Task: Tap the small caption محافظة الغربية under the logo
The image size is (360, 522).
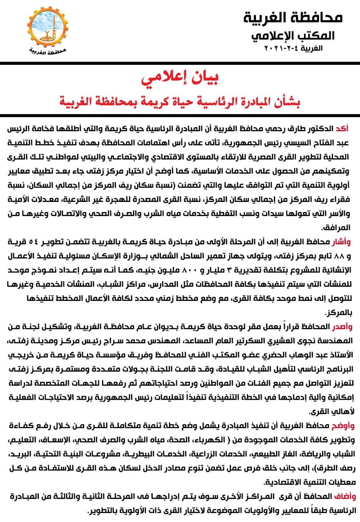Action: (48, 51)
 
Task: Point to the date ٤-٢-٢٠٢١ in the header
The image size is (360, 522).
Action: (276, 48)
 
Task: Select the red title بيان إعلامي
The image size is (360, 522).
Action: (180, 79)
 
